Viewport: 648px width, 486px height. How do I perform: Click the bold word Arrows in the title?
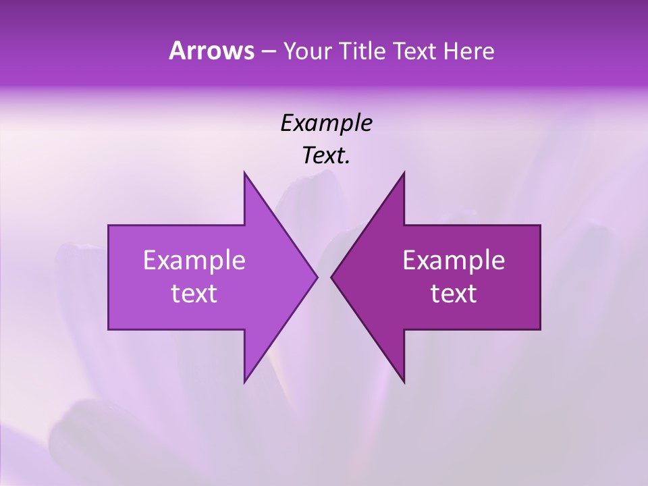(x=211, y=51)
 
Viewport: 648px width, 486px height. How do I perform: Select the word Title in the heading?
(x=362, y=51)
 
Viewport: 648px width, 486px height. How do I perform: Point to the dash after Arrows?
(x=268, y=52)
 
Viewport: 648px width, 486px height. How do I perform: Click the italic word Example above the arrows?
(x=326, y=124)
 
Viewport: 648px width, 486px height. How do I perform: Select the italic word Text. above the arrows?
(x=326, y=156)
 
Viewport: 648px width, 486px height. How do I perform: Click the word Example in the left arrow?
(x=194, y=261)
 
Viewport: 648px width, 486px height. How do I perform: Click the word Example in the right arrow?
(x=454, y=261)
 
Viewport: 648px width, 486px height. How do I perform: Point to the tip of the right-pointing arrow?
(x=317, y=277)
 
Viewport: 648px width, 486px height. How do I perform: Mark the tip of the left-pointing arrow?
(x=331, y=277)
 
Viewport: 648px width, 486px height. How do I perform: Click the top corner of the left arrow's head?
(x=244, y=173)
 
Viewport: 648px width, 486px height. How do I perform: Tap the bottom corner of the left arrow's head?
(x=244, y=382)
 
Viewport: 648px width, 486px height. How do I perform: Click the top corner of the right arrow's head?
(x=404, y=173)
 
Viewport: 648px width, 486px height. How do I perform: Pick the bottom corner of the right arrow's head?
(x=404, y=382)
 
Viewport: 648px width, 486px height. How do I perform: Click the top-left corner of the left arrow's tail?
(x=109, y=225)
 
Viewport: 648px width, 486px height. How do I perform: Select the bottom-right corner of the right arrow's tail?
(x=540, y=329)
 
